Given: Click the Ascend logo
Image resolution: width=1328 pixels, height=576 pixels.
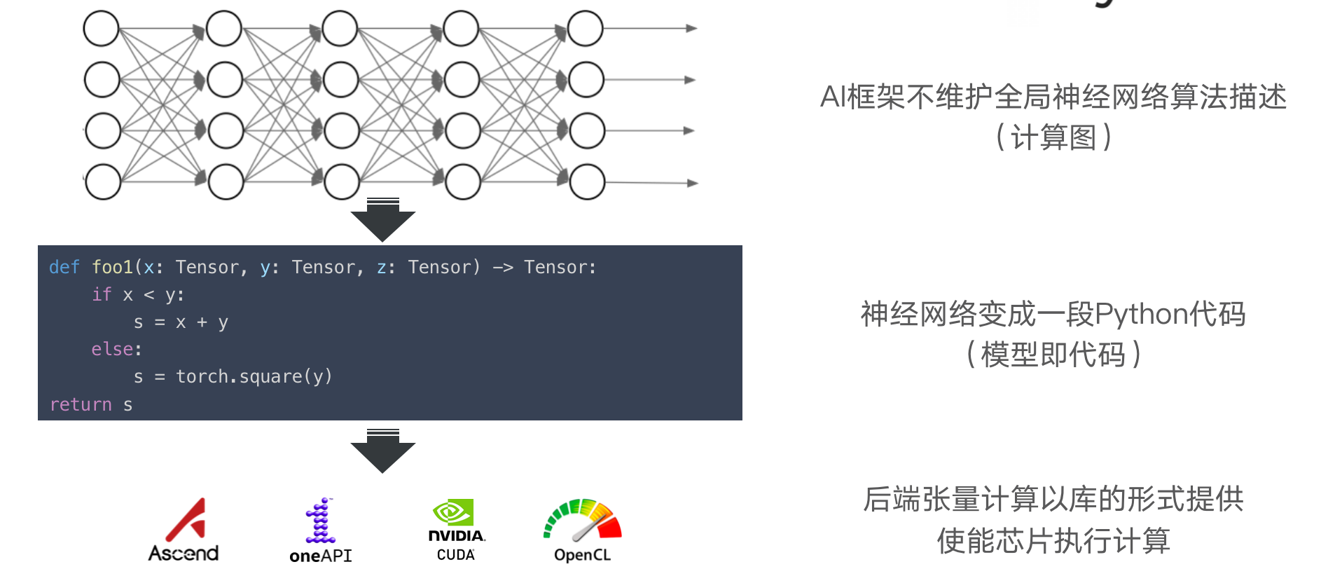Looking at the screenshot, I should tap(184, 530).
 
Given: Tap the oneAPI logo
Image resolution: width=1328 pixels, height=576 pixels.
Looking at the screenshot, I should tap(321, 530).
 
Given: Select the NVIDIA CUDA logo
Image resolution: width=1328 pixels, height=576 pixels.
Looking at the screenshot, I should tap(456, 530).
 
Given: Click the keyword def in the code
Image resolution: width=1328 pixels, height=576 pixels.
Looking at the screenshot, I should tap(64, 267).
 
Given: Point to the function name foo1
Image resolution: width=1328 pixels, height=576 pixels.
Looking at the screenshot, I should tap(112, 267).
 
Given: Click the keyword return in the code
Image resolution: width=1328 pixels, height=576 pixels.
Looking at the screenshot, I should tap(81, 404).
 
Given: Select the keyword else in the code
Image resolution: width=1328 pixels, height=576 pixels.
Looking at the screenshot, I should tap(112, 349).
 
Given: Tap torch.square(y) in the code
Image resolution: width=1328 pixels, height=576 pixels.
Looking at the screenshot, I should tap(254, 377).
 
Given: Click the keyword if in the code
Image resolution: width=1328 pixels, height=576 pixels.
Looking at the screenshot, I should tap(102, 294).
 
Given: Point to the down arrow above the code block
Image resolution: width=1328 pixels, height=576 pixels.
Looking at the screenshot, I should tap(382, 220).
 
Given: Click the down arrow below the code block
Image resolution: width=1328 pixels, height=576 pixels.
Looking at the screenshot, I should tap(382, 451).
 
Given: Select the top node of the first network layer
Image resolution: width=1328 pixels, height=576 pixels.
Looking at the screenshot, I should tap(102, 29).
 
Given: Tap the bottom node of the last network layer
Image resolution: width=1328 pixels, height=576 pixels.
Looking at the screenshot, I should tap(587, 181).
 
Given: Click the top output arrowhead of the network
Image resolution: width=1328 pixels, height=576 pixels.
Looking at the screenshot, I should tap(691, 29).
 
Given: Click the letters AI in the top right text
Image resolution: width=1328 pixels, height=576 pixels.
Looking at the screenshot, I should tap(833, 97).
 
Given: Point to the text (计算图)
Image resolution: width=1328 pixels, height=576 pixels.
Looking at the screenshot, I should tap(1053, 137).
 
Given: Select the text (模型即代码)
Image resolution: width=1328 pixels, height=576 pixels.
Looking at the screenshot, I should tap(1053, 355).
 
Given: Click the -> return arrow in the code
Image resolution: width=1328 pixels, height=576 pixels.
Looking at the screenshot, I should tap(502, 267).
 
